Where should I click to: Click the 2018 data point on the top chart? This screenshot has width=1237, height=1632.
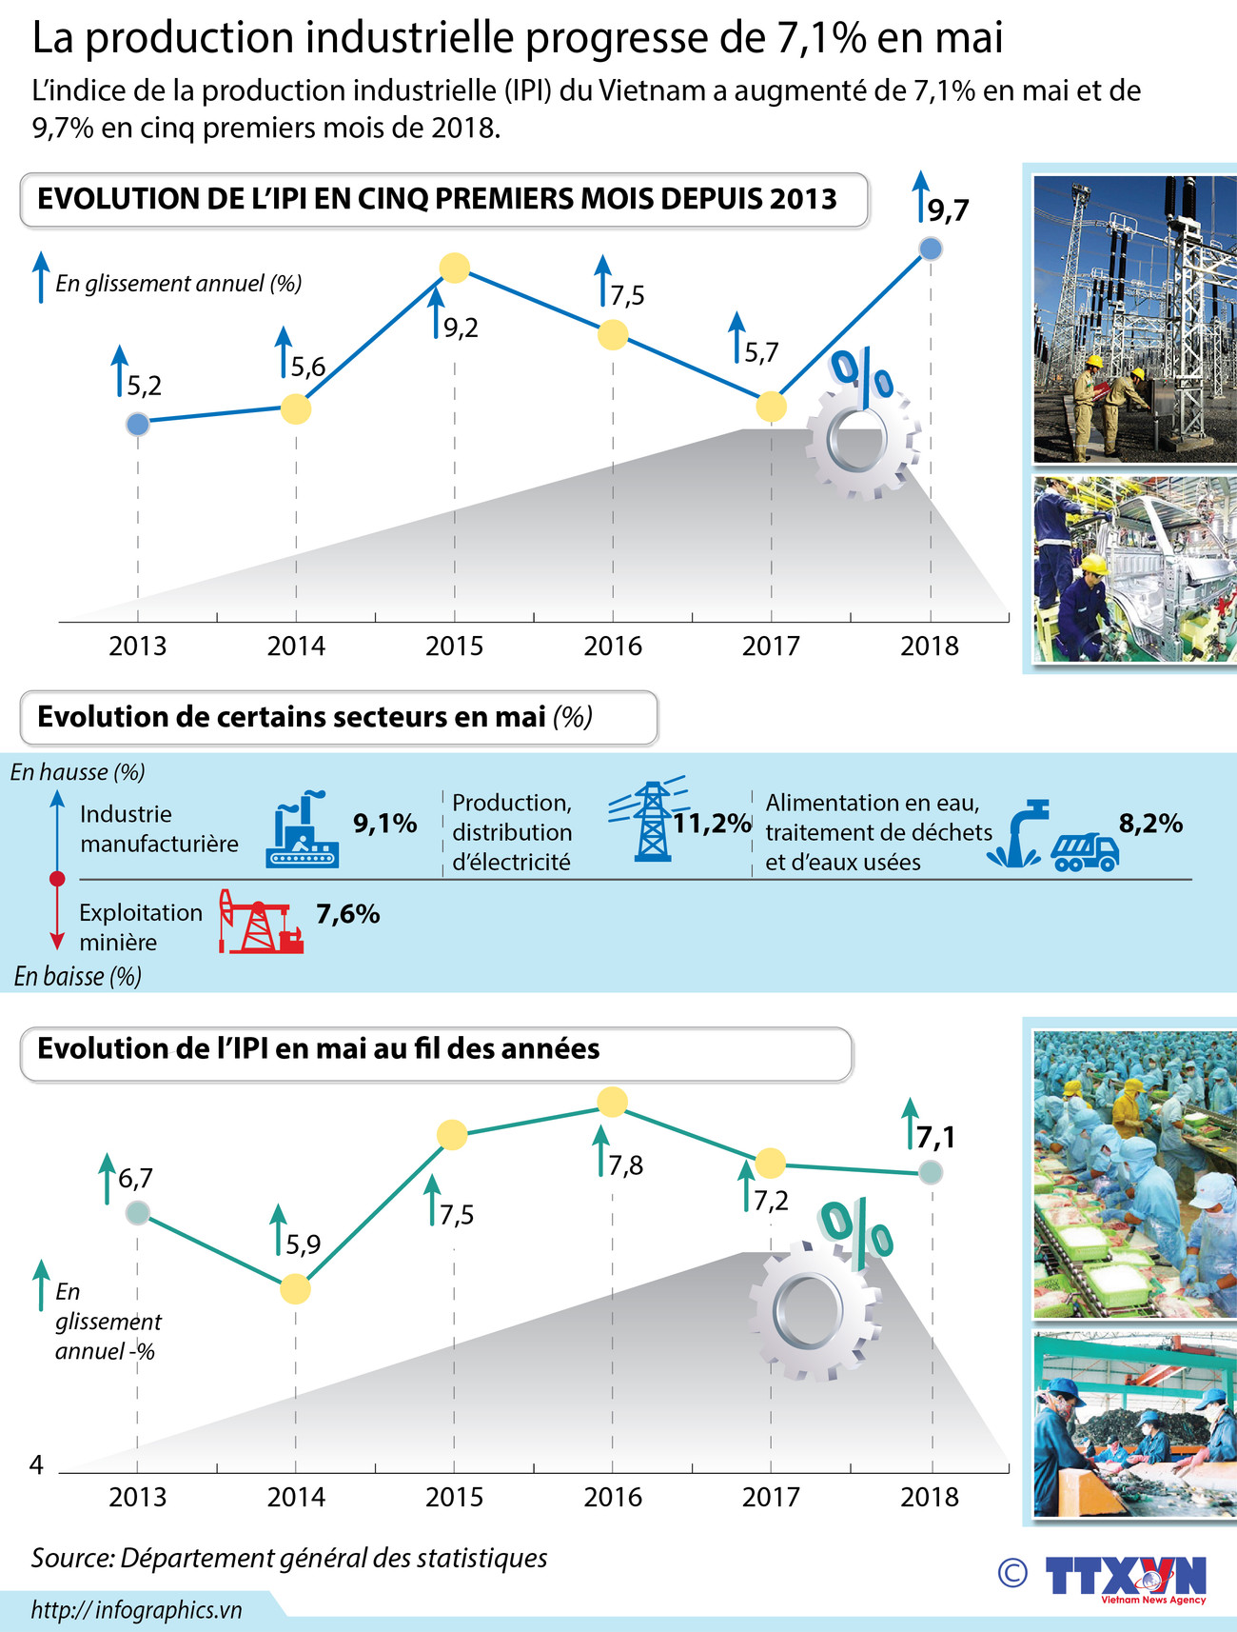coord(932,249)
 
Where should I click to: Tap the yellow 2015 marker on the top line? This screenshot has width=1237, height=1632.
coord(455,269)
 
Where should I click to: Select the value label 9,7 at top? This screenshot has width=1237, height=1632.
coord(948,210)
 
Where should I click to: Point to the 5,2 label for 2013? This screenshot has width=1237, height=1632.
coord(145,386)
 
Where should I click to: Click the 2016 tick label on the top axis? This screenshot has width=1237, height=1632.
coord(613,647)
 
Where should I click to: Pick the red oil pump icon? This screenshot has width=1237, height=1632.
coord(259,922)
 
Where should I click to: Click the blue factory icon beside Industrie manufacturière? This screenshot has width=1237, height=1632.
coord(303,831)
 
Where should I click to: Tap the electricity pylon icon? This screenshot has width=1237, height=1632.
coord(651,821)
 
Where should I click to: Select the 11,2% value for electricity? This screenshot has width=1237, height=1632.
coord(712,824)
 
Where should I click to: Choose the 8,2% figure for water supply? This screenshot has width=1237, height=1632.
coord(1150,824)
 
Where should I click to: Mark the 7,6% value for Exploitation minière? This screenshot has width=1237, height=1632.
coord(348,914)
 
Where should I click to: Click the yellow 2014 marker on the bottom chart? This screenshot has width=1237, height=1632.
coord(296,1289)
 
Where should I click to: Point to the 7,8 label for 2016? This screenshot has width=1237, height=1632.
coord(626,1165)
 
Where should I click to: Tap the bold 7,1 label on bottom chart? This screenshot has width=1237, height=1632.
coord(935,1137)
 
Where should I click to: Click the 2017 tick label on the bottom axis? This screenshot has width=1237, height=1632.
coord(771,1498)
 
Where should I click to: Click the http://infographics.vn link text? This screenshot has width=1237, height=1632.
coord(137,1610)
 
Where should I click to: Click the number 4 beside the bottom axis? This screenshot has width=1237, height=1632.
coord(37,1464)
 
